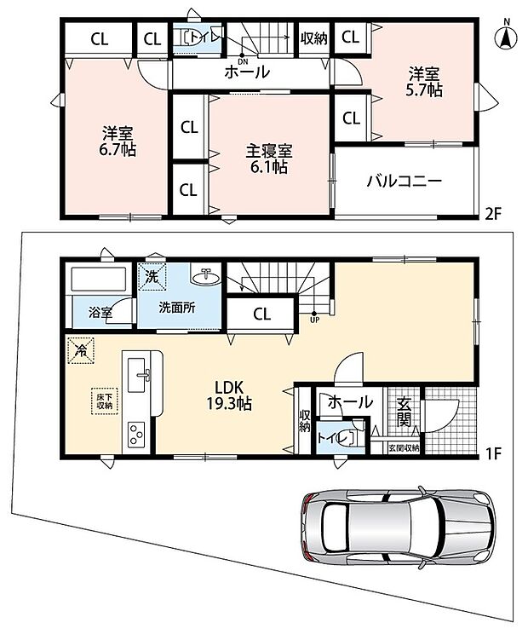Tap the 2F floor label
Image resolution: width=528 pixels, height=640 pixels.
coord(493,214)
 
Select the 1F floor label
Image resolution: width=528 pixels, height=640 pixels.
coord(493,453)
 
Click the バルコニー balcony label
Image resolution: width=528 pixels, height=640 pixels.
coord(404,181)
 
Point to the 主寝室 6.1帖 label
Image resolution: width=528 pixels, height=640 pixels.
coord(268,159)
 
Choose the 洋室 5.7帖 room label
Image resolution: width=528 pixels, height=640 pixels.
coord(424,83)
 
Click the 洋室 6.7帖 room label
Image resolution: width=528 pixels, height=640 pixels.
coord(118,141)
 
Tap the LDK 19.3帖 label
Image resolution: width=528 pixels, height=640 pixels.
coord(229,395)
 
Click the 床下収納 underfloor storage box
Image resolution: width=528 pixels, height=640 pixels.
coord(105,401)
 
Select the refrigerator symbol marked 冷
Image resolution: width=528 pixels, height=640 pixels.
coord(81,350)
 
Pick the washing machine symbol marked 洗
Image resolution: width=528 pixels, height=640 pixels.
coord(152,277)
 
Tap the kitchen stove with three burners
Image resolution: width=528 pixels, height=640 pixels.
coord(136,435)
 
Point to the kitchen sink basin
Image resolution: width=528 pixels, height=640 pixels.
coord(136,375)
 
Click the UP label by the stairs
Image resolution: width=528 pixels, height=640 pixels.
coord(314,320)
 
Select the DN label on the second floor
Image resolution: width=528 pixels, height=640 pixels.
coord(243,61)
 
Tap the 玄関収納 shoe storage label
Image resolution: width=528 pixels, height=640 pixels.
coord(404,447)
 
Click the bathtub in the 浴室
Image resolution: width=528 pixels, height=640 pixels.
coord(99,280)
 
